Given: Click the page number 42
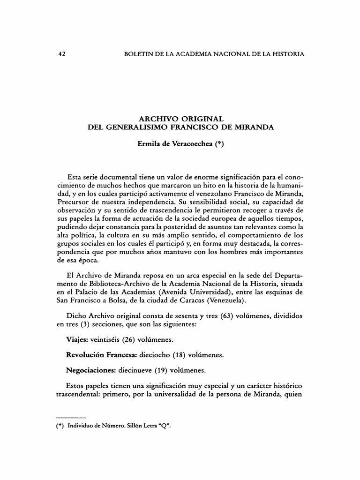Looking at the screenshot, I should point(60,54).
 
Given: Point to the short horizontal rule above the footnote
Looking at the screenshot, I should point(71,416).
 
